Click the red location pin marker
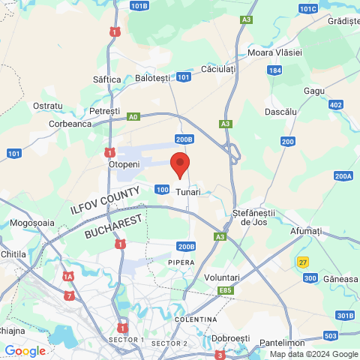pos(180,164)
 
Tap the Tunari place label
pos(188,192)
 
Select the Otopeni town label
pos(124,163)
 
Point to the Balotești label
pos(154,78)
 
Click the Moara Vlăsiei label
pos(274,52)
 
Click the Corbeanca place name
pos(70,124)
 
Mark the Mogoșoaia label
pos(32,223)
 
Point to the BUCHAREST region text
pos(113,226)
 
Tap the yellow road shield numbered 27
pos(303,262)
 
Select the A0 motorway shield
pos(133,116)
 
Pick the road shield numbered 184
pos(275,70)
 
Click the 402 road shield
pos(335,104)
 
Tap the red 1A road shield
pos(68,277)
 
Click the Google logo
pos(25,350)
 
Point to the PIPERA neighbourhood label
pos(181,262)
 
